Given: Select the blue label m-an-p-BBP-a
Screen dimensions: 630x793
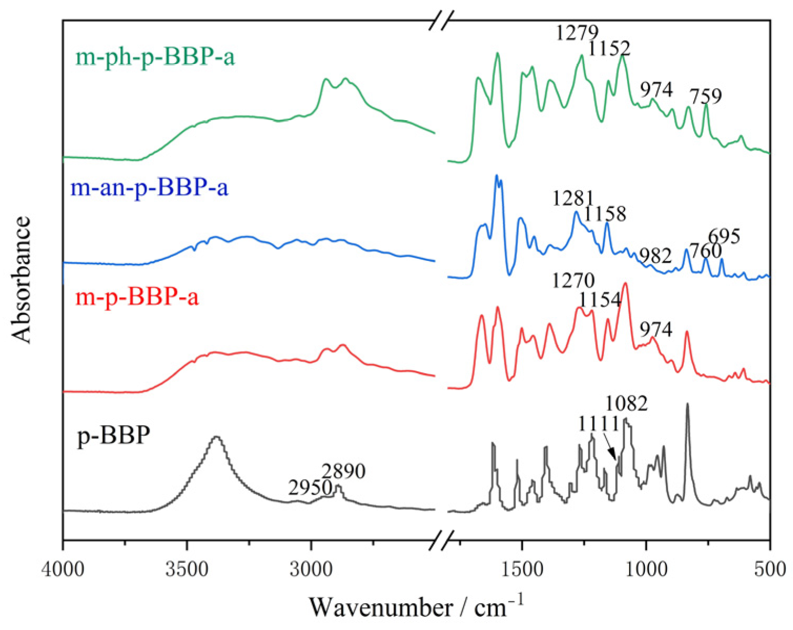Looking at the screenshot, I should click(149, 187).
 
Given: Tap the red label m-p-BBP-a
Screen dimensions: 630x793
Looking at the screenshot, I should click(137, 298).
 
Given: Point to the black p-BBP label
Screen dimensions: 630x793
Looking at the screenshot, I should click(114, 436).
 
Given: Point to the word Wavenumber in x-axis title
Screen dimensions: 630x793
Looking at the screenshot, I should click(381, 607).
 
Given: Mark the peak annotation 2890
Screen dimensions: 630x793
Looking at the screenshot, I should click(343, 471).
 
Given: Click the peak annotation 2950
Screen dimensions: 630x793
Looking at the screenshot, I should click(310, 488).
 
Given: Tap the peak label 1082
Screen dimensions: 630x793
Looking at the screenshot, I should click(627, 403).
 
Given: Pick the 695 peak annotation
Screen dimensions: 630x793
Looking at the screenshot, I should click(724, 236).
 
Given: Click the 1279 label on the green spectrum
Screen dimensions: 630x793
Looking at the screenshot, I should click(577, 33).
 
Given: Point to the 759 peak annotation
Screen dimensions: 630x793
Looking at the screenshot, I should click(706, 96).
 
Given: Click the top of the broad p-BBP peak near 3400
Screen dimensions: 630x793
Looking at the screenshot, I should click(216, 437).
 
